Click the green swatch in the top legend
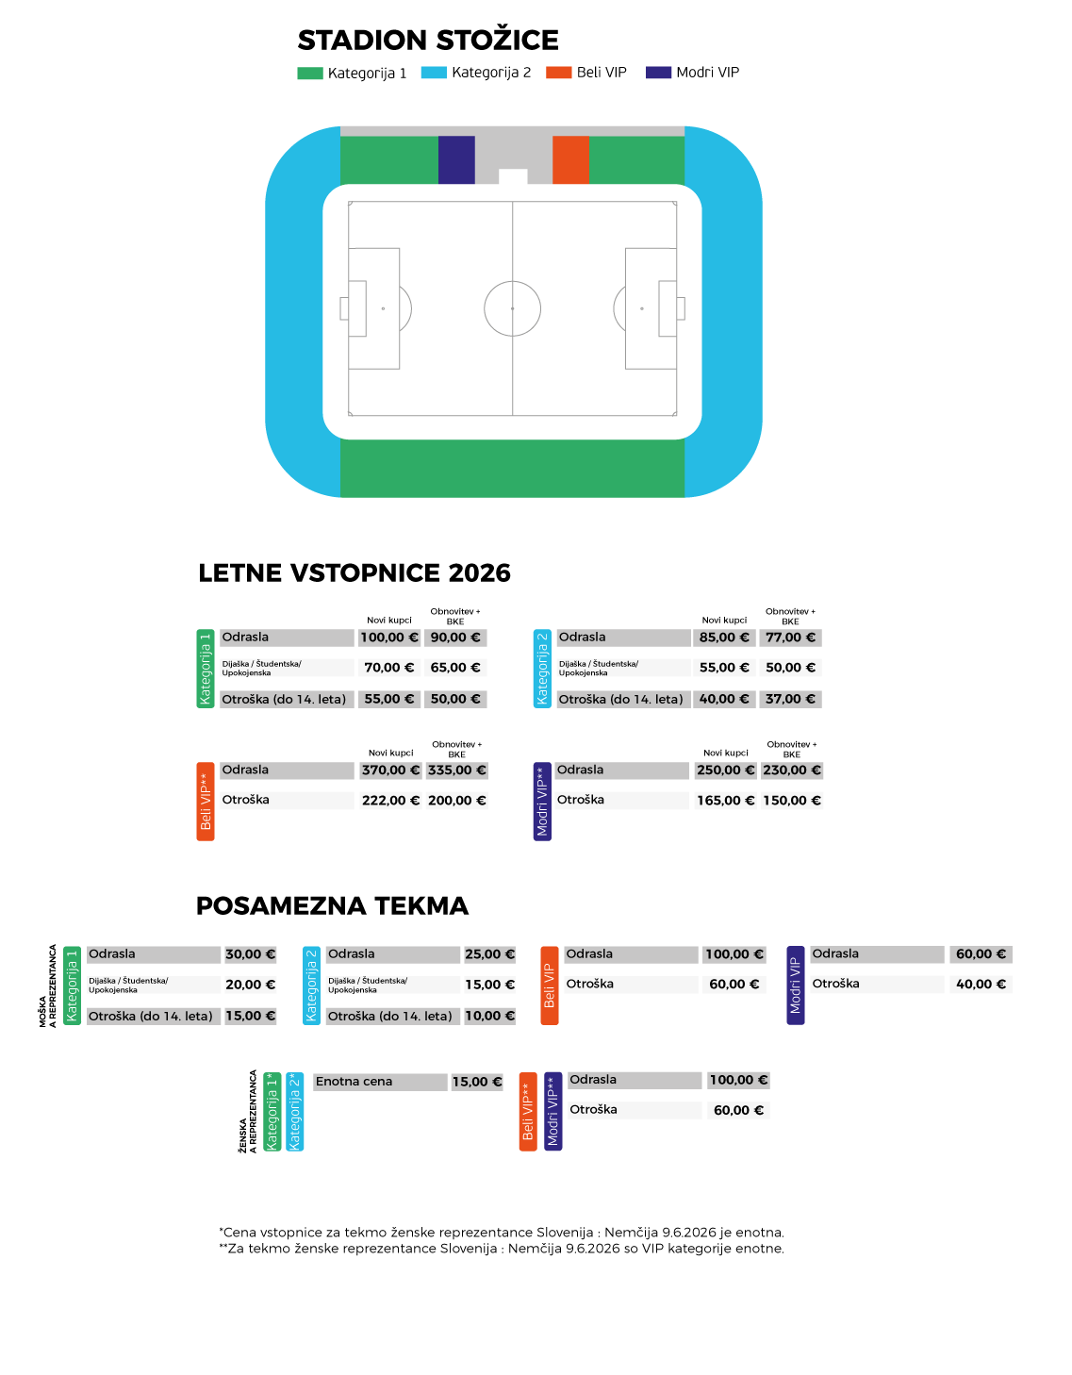pos(310,74)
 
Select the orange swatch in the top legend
pos(559,73)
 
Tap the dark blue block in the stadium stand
pos(456,160)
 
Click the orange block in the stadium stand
pos(571,160)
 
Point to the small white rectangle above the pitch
pos(513,176)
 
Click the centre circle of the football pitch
pos(513,308)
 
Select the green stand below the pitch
pos(512,468)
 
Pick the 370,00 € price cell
pos(390,770)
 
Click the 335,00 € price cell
pos(457,770)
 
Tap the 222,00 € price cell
pos(390,801)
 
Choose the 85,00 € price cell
pos(724,638)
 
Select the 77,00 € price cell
pos(790,638)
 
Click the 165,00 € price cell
pos(725,801)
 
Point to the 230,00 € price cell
pos(792,770)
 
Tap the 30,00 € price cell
pos(251,954)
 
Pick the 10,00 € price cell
pos(490,1016)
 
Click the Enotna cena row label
pos(380,1082)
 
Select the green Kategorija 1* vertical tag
pos(272,1112)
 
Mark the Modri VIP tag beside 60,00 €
pos(796,986)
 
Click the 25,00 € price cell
pos(490,954)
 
